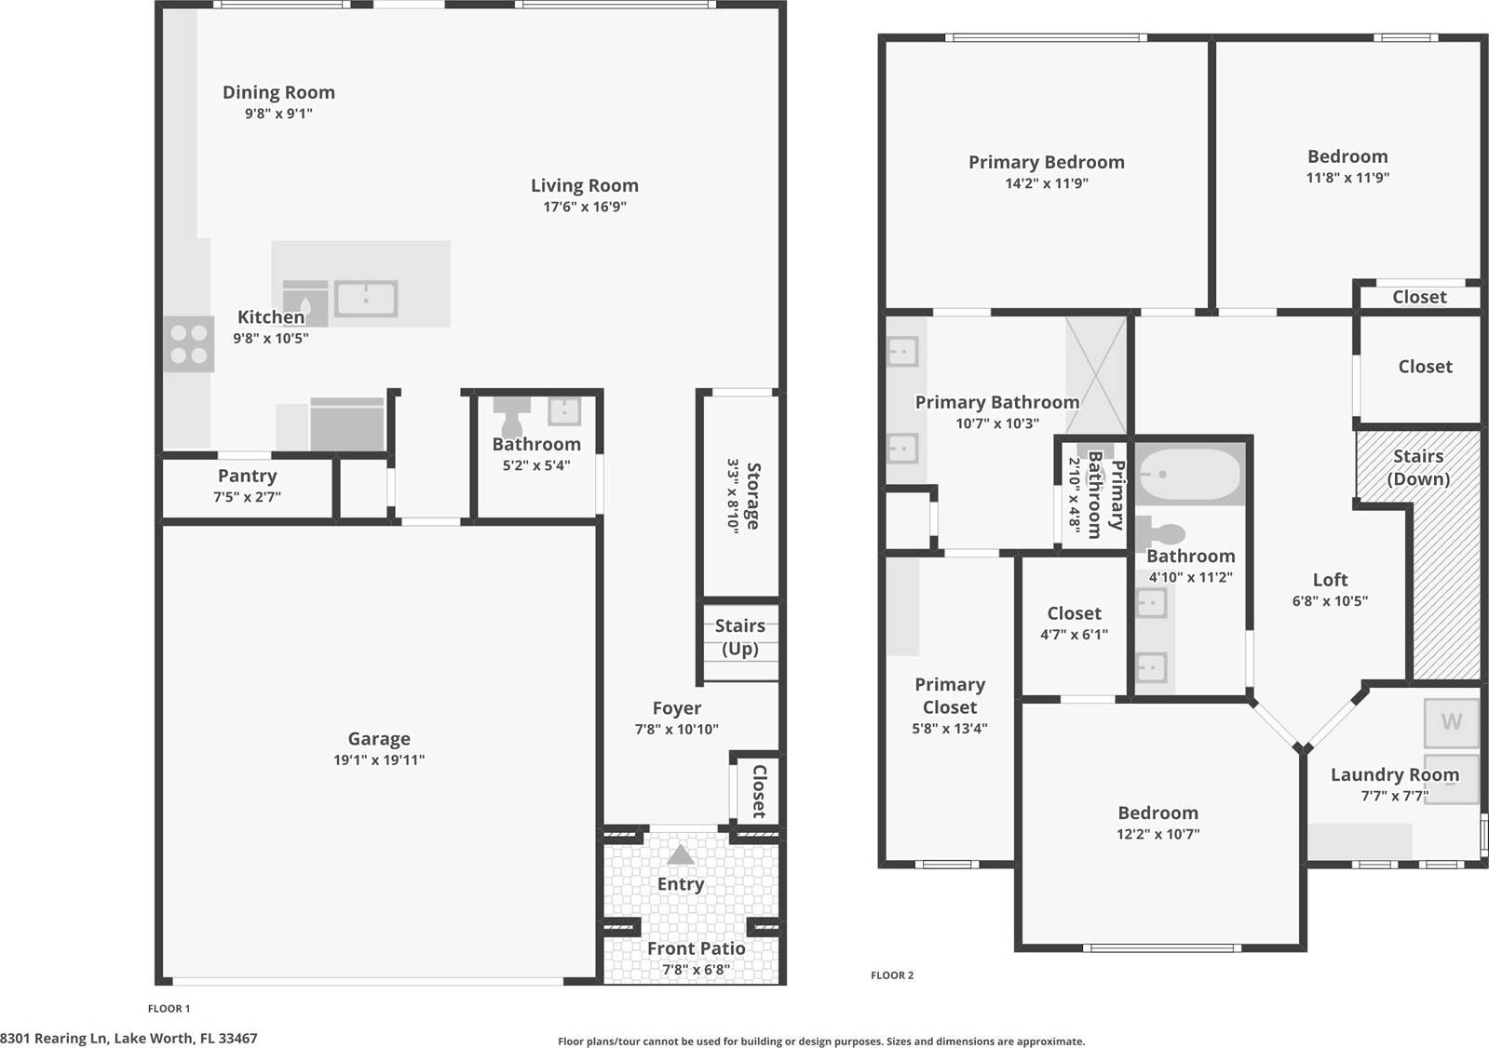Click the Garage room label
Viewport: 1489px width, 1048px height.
(379, 739)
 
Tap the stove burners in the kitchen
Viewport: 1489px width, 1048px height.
(189, 344)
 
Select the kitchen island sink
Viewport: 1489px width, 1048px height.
(366, 300)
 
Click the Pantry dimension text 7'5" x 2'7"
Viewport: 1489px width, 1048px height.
(247, 497)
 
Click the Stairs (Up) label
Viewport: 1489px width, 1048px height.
(740, 638)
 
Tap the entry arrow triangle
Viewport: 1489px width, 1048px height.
(681, 854)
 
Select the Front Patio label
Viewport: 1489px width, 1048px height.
(696, 948)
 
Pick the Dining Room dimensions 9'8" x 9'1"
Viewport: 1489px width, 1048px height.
(278, 114)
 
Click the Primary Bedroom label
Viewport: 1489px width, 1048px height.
(1046, 162)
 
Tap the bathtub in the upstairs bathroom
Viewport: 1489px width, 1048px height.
(1189, 475)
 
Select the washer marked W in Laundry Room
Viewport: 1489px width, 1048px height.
(1451, 722)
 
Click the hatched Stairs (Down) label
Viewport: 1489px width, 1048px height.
(1418, 467)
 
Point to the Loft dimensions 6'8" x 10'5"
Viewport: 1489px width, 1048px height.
(1330, 601)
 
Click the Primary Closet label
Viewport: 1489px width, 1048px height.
(949, 695)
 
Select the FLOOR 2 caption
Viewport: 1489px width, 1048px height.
(892, 975)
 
